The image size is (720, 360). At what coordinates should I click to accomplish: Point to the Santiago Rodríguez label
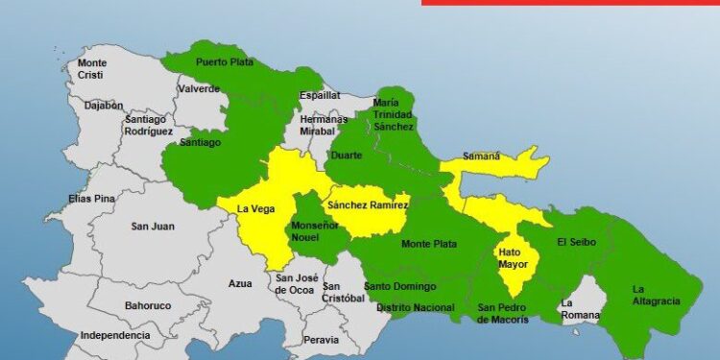click(148, 125)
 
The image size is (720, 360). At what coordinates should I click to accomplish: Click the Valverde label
click(199, 89)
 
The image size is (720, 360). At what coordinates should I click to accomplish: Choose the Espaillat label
click(293, 96)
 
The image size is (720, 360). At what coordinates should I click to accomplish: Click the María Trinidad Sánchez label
click(393, 114)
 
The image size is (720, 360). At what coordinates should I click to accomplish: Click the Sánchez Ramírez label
click(368, 205)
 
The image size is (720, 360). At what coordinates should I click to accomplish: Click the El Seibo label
click(576, 242)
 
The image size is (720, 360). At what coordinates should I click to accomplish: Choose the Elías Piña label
click(92, 199)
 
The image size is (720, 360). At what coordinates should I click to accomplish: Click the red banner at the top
click(570, 3)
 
